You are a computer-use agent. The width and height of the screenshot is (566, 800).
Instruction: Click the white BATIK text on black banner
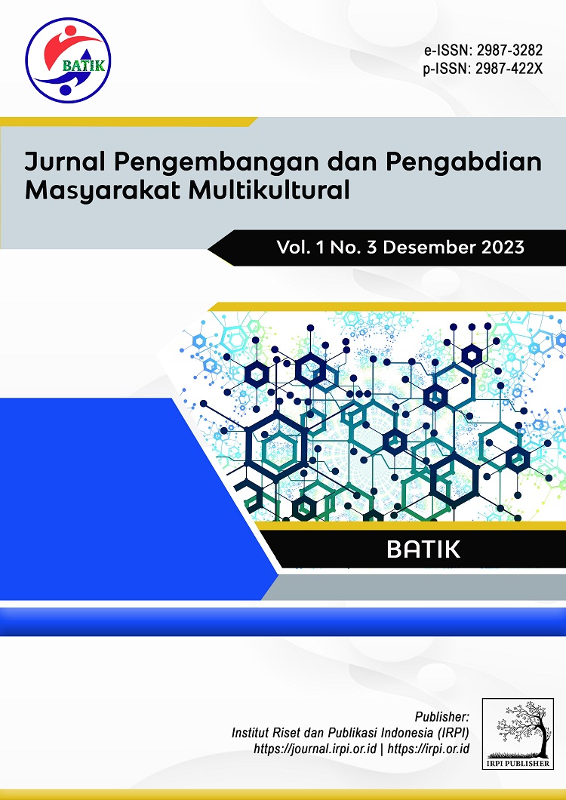click(x=423, y=549)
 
